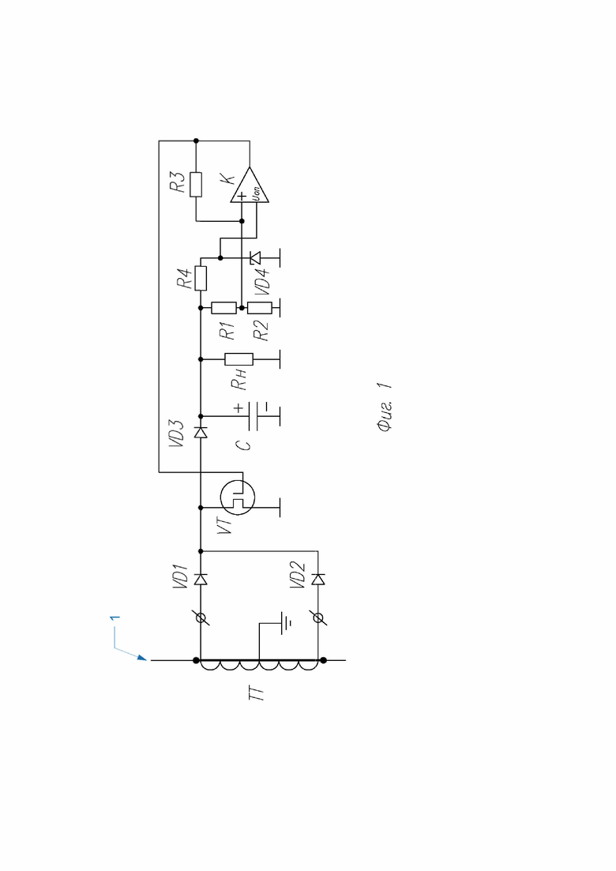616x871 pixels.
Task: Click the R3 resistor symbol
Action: pos(196,185)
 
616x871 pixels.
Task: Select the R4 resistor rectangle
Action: pos(201,278)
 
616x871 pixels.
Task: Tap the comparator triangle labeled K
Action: pos(250,185)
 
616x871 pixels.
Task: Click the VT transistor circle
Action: pos(238,497)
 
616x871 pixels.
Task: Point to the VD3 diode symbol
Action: pos(201,432)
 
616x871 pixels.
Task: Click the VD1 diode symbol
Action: pos(201,580)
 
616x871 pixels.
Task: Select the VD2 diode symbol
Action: pos(318,580)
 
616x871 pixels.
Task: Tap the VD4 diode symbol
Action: pos(255,257)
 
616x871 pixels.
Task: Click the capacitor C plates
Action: pos(254,415)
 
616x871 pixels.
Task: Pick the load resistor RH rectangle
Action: pos(239,359)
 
